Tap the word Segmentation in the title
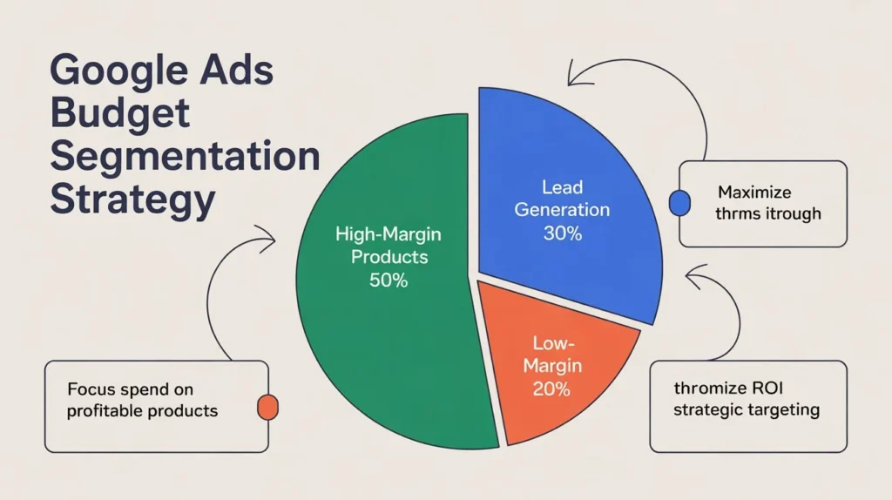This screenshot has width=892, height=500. click(x=185, y=157)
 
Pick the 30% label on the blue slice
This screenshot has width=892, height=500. click(x=562, y=233)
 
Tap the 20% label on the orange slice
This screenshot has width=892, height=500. click(x=551, y=389)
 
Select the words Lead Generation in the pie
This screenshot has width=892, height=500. click(x=562, y=199)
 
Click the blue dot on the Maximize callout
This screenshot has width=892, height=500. click(x=678, y=203)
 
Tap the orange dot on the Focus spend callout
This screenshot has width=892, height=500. click(x=267, y=407)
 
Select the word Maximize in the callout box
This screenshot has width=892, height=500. click(x=755, y=192)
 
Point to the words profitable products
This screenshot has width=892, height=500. click(x=142, y=410)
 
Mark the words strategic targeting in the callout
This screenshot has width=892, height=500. click(x=747, y=410)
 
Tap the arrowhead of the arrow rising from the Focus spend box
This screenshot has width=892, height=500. click(x=270, y=236)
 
